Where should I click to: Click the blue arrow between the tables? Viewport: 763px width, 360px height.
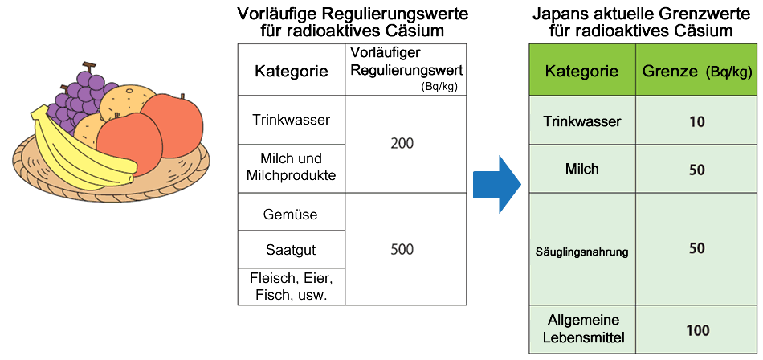coord(498,184)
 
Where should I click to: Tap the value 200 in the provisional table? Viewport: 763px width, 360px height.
coord(402,144)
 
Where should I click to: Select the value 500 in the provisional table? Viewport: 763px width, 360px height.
coord(402,249)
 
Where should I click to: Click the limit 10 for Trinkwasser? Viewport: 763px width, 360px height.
coord(696,122)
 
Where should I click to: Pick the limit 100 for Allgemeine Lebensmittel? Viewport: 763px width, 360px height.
coord(696,329)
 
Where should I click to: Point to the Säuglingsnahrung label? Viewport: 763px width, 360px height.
coord(581,252)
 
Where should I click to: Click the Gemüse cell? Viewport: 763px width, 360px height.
coord(290,215)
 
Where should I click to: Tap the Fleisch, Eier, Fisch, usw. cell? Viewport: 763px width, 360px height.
coord(290,286)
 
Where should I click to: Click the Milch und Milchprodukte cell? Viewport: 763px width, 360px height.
coord(290,167)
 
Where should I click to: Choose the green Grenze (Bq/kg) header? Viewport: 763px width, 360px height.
coord(696,71)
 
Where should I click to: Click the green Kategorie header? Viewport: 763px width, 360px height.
coord(581,71)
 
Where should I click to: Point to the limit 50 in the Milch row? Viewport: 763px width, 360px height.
coord(696,170)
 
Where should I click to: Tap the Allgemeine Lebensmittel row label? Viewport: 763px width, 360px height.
coord(581,329)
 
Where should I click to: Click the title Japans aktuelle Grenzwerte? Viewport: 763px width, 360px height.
coord(640,15)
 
